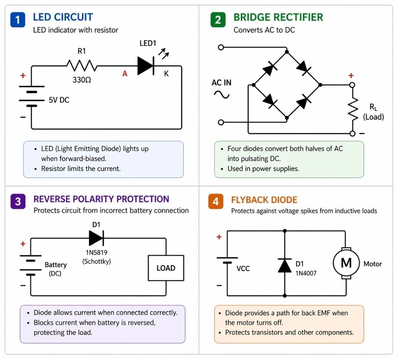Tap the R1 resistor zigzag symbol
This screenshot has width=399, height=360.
(x=81, y=66)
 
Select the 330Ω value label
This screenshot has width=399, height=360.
(x=82, y=80)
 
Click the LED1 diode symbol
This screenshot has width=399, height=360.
(x=146, y=66)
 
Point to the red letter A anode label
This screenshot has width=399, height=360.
(x=125, y=74)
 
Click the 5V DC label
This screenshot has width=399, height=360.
(x=59, y=100)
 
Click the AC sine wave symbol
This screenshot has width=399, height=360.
(x=221, y=94)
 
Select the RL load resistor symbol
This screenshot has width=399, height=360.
(x=352, y=109)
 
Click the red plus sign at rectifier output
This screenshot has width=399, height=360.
(x=351, y=76)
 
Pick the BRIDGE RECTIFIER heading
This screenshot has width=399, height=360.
(x=278, y=17)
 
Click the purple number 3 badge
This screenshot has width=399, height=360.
(x=18, y=201)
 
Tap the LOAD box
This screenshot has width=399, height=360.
(x=166, y=268)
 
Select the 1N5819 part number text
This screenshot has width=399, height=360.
(x=96, y=253)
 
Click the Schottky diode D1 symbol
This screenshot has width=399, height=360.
(x=96, y=238)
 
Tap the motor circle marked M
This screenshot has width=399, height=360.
(x=346, y=263)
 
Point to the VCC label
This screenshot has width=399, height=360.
(x=243, y=268)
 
